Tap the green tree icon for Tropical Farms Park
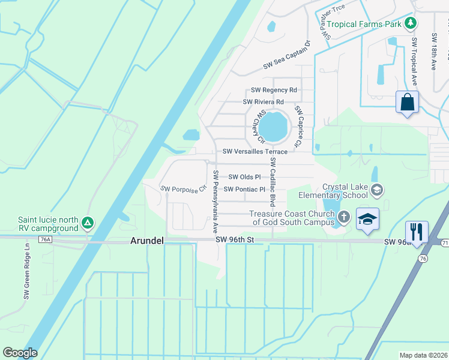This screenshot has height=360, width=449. [x=411, y=23]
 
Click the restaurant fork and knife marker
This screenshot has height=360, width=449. [x=417, y=231]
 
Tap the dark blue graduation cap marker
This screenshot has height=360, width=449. [x=367, y=218]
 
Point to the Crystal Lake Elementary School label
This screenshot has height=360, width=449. [x=345, y=191]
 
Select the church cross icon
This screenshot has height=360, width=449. [x=344, y=217]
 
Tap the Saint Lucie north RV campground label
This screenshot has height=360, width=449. [x=48, y=224]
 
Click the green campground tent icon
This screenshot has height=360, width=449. [x=88, y=223]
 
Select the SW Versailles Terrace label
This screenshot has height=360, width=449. [x=255, y=152]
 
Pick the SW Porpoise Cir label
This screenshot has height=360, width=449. [x=183, y=189]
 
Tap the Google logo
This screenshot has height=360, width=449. [x=20, y=352]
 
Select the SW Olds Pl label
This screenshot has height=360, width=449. [x=244, y=177]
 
